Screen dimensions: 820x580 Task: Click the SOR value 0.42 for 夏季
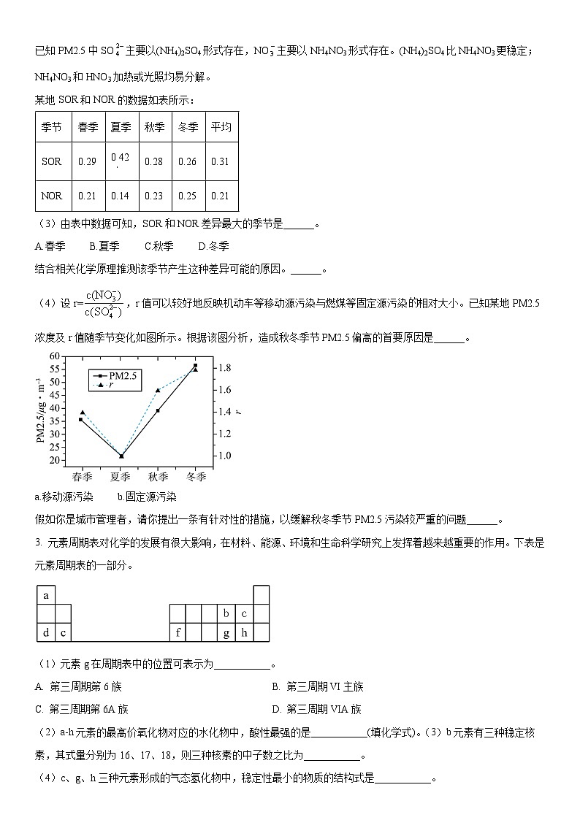[x=120, y=158]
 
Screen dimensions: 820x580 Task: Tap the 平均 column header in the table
[x=221, y=127]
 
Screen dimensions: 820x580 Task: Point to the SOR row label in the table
[x=52, y=161]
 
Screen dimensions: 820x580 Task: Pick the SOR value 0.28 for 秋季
[x=154, y=161]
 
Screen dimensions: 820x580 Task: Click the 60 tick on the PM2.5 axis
[x=54, y=356]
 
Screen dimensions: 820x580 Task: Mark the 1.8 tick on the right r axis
[x=224, y=367]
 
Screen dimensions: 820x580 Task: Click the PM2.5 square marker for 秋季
[x=158, y=410]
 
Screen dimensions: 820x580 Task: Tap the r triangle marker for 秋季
[x=158, y=390]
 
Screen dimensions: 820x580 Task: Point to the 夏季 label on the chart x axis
[x=121, y=476]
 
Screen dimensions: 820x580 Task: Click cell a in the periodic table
[x=46, y=595]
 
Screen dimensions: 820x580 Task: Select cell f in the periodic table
[x=178, y=632]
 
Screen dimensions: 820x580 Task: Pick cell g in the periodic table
[x=226, y=632]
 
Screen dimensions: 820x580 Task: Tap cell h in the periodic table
[x=244, y=632]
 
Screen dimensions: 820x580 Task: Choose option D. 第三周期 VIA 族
[x=316, y=709]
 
